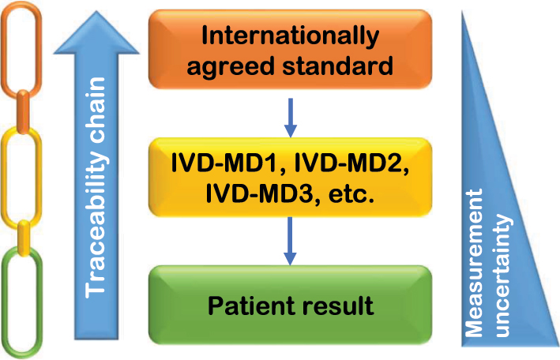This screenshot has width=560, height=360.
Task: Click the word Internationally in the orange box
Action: pos(291,36)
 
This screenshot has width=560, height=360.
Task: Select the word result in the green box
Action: pos(338,306)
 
